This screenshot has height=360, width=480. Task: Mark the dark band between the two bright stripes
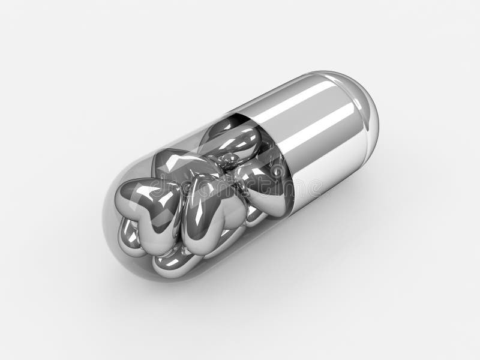pos(312,123)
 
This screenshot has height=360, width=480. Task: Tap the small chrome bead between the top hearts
pos(229,159)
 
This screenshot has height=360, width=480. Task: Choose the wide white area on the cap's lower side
pos(324,174)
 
